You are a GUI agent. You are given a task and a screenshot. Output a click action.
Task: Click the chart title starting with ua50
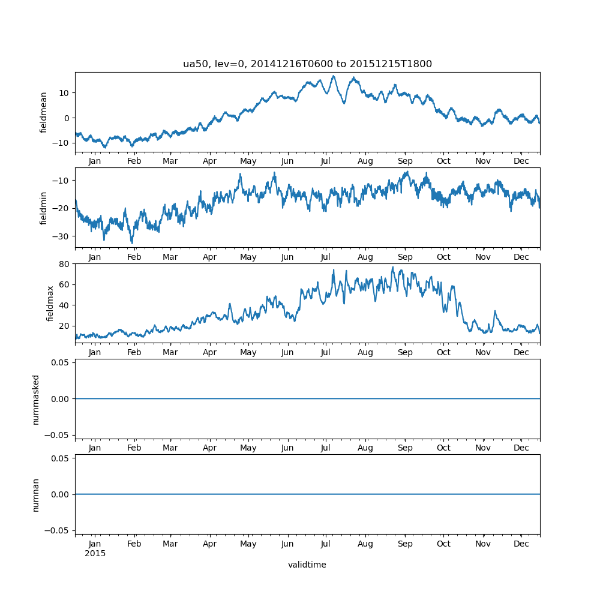pyautogui.click(x=307, y=64)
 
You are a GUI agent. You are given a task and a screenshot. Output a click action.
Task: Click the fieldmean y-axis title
pyautogui.click(x=43, y=112)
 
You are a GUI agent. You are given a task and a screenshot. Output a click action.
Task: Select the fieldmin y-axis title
pyautogui.click(x=43, y=208)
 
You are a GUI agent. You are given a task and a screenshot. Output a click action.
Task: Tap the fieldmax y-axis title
pyautogui.click(x=50, y=304)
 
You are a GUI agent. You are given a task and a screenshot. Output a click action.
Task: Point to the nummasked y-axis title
pyautogui.click(x=36, y=399)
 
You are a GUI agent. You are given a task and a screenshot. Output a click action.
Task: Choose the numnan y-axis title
pyautogui.click(x=36, y=494)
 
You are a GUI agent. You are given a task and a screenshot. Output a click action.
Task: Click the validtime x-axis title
pyautogui.click(x=307, y=565)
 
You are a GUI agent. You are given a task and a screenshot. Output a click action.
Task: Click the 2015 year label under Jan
pyautogui.click(x=95, y=553)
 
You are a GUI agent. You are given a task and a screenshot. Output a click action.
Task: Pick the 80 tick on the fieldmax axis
pyautogui.click(x=64, y=264)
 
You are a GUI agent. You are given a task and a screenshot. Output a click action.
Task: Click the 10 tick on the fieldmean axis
pyautogui.click(x=64, y=92)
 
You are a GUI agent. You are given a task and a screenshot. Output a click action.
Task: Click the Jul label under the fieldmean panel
pyautogui.click(x=326, y=161)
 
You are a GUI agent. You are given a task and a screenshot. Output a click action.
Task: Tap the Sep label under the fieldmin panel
pyautogui.click(x=405, y=257)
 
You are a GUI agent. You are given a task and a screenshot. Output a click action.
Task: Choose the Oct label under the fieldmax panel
pyautogui.click(x=443, y=352)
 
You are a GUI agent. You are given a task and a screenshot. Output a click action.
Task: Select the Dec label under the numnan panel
pyautogui.click(x=521, y=544)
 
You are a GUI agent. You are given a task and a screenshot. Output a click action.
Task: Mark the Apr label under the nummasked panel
pyautogui.click(x=210, y=448)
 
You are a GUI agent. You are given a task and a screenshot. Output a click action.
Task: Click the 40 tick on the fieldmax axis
pyautogui.click(x=64, y=305)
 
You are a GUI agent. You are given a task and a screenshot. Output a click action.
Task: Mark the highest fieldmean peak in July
pyautogui.click(x=334, y=76)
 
